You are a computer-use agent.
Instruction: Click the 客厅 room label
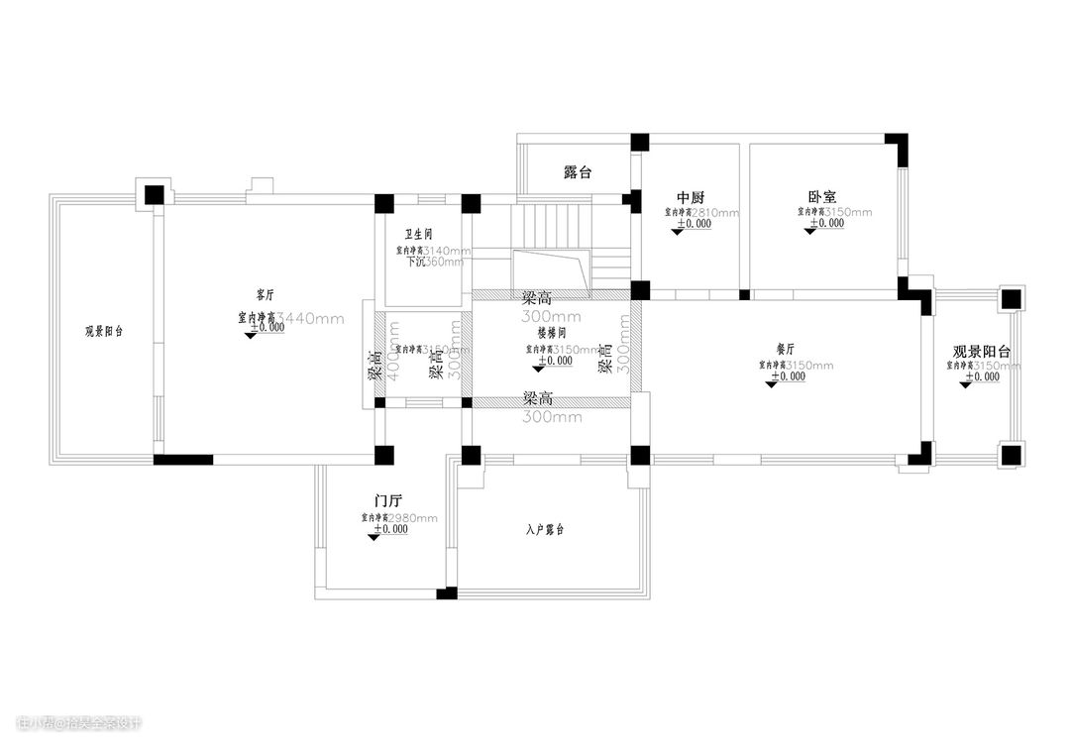tap(265, 295)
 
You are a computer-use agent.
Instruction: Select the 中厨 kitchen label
tap(691, 197)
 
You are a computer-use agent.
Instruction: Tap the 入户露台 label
tap(544, 530)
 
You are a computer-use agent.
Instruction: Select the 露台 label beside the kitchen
tap(578, 172)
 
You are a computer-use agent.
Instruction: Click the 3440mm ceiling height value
tap(310, 318)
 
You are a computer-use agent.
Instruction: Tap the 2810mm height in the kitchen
tap(715, 212)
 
